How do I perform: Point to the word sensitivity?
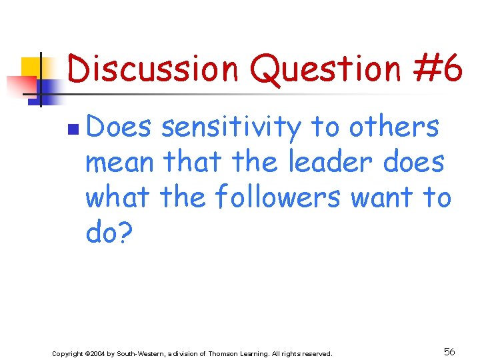(x=231, y=127)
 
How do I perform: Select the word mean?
(x=121, y=162)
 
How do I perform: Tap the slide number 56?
(x=449, y=351)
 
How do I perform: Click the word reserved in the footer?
(x=315, y=353)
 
